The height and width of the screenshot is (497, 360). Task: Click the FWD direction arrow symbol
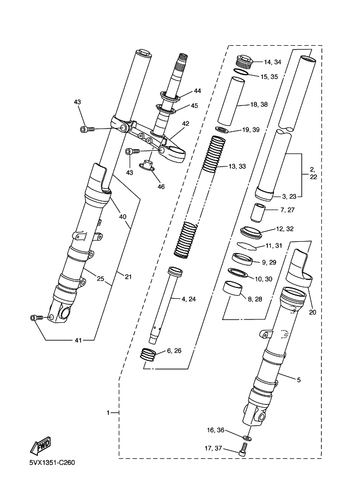point(41,445)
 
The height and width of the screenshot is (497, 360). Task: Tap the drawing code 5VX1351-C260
point(52,463)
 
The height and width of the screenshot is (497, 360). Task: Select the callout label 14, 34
point(272,62)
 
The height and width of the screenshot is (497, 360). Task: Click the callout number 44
point(197,91)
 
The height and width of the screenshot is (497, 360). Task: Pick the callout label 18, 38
point(259,105)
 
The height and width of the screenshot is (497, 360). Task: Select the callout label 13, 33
point(237,167)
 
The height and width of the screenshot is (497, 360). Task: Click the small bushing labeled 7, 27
point(257,213)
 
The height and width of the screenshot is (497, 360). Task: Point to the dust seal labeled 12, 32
point(252,232)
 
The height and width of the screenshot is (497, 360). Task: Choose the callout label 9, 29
point(269,262)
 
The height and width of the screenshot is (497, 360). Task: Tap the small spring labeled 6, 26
point(149,353)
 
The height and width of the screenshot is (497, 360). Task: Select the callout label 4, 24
point(189,299)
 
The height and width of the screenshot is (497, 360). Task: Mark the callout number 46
point(161,187)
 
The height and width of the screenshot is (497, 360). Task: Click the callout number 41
point(78,340)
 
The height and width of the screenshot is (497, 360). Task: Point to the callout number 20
point(313,312)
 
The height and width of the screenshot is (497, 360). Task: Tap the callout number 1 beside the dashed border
point(108,413)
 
